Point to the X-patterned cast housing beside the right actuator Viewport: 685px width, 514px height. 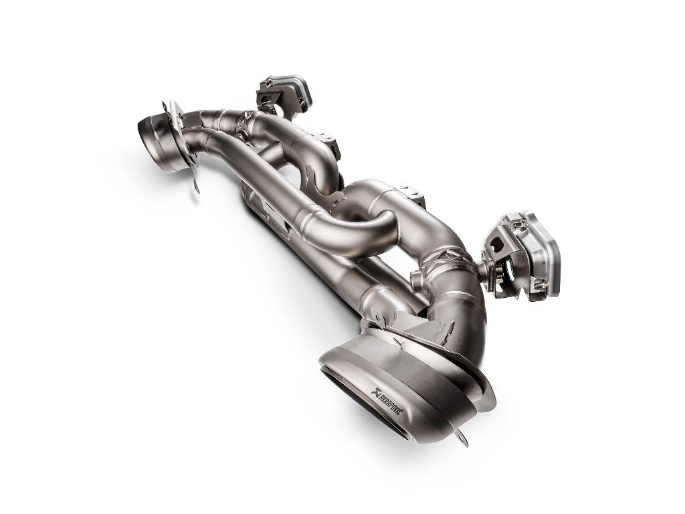coord(454,258)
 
